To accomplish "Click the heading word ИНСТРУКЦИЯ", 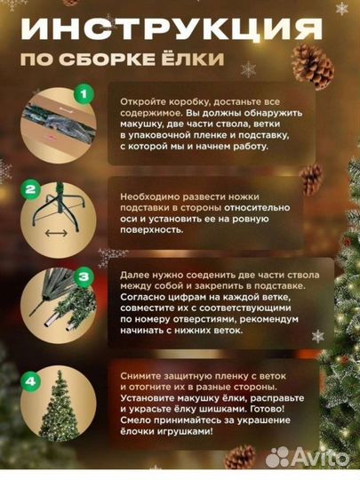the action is pos(172,29).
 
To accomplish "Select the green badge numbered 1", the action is pos(84,93).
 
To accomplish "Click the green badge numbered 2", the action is pos(30,190).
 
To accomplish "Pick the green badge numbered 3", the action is pos(84,277).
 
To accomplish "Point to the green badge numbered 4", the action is pos(30,381).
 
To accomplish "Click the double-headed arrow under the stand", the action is pos(56,234).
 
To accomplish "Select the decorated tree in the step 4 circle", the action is pos(59,405).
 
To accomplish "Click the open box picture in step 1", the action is pos(59,126).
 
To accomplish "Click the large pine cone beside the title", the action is pos(312,66).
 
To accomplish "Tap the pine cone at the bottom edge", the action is pos(240,457).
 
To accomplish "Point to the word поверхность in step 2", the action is pos(151,230).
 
